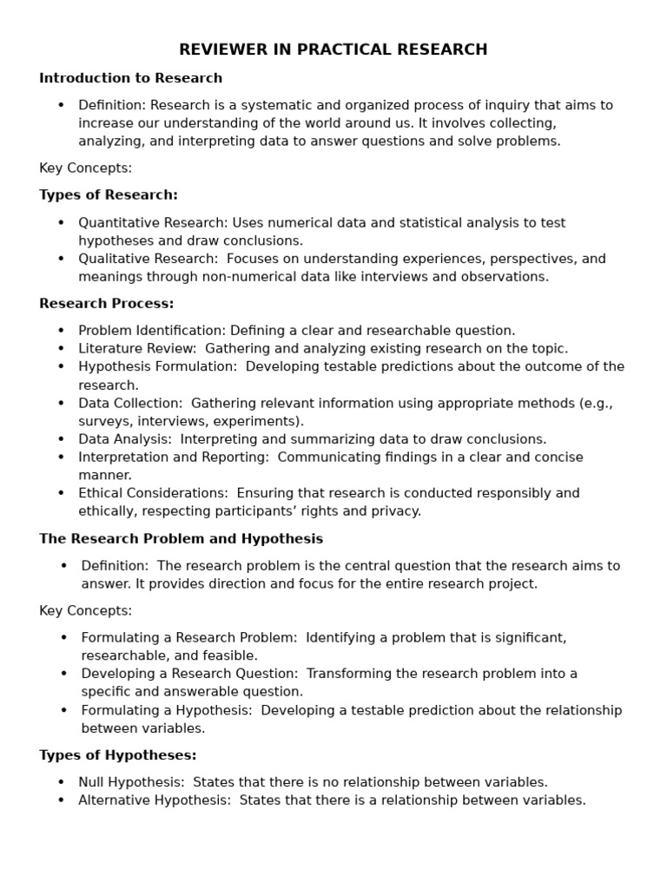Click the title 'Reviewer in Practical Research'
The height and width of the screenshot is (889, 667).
coord(333,49)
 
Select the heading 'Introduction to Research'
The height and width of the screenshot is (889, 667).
coord(130,78)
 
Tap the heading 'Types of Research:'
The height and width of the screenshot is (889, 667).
coord(109,194)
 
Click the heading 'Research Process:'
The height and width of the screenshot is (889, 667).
coord(107,304)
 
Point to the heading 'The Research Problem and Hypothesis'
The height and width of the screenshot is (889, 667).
coord(181,539)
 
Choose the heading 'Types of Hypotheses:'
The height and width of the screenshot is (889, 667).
coord(118,755)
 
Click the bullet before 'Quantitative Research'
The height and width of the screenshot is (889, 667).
coord(61,223)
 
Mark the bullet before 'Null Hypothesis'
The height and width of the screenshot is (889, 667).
coord(61,782)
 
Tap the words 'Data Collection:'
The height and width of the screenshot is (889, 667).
coord(130,403)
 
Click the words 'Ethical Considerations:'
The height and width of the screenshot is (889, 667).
coord(153,493)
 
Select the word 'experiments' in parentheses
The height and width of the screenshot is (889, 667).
coord(259,421)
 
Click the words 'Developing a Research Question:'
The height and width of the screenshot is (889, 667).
coord(190,674)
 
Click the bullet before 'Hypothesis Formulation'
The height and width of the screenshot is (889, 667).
coord(61,367)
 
